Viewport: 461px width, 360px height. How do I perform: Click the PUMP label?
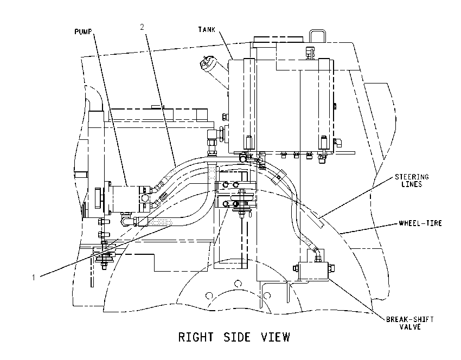point(83,31)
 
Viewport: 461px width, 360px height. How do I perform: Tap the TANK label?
point(207,29)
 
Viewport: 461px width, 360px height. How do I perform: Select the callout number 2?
point(142,27)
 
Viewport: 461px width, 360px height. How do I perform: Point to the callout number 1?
point(34,277)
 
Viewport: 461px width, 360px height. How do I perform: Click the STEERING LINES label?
point(412,181)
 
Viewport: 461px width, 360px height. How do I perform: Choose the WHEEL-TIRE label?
point(420,223)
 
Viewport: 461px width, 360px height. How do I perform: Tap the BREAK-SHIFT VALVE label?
point(410,323)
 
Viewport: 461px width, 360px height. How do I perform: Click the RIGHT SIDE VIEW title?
point(234,337)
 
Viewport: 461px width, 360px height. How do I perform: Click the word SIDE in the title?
point(237,337)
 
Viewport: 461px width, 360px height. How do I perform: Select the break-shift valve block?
point(313,271)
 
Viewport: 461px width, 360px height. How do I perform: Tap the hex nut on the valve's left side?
point(296,268)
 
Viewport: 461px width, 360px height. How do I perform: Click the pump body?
point(125,198)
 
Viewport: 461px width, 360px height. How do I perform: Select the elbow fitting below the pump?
point(126,220)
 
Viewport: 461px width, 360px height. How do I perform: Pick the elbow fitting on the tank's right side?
point(337,143)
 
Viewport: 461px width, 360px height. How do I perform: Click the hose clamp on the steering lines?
point(278,177)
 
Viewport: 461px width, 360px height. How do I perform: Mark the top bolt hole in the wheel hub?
point(238,284)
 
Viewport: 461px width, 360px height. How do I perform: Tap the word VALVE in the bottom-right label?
point(410,327)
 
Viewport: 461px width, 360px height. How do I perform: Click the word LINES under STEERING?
point(412,184)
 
